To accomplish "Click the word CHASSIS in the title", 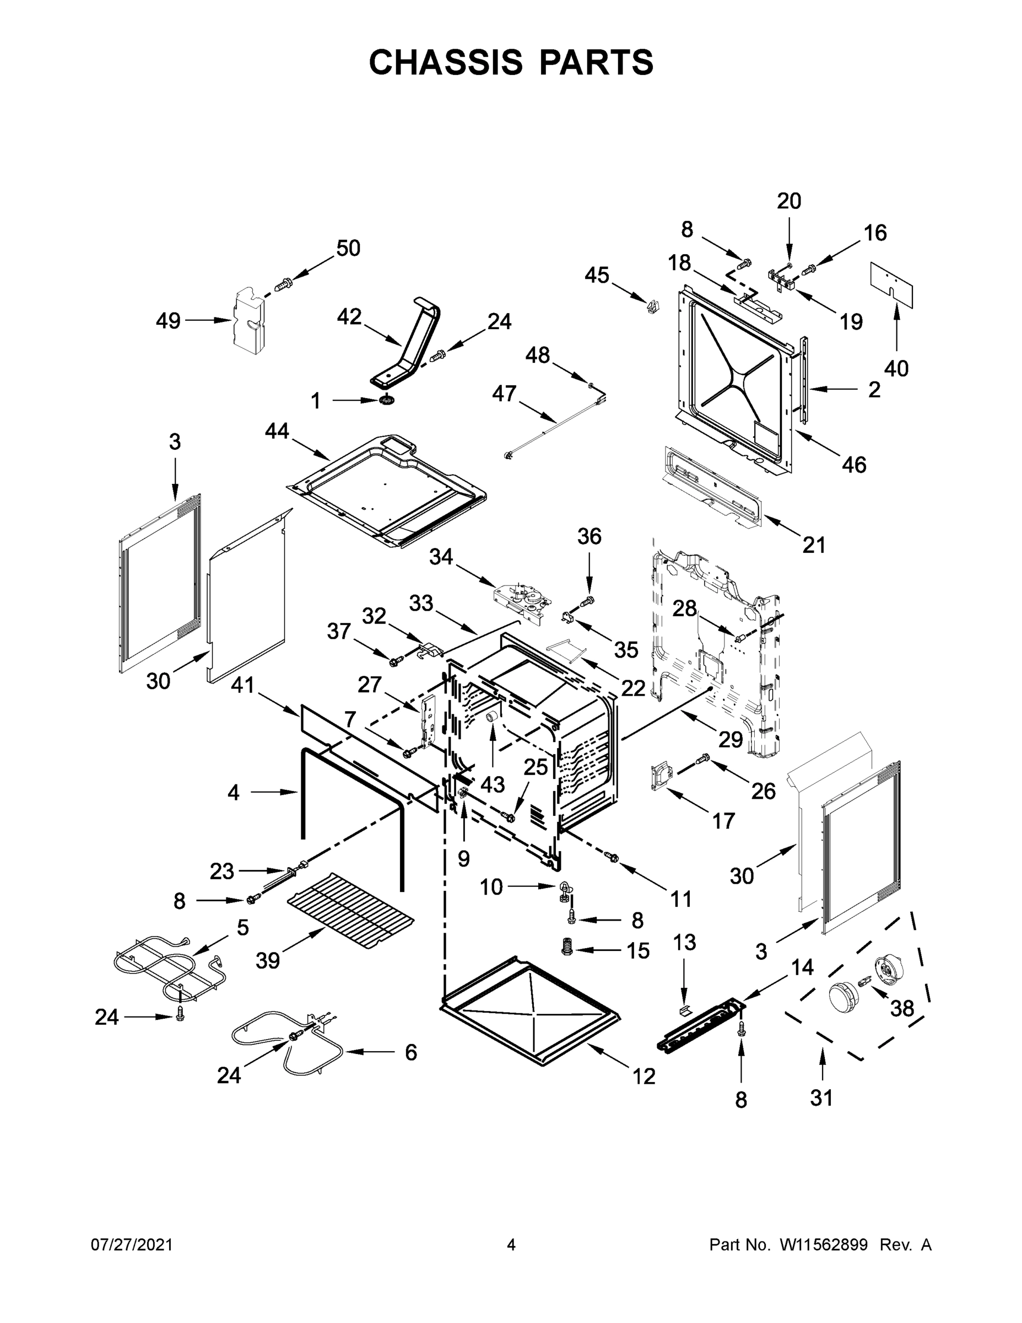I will pos(446,62).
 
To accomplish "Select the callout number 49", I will pos(169,320).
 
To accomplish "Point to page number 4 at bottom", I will pos(511,1244).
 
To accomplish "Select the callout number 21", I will pos(814,545).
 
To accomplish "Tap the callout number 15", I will pos(638,950).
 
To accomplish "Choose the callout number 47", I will pos(504,393).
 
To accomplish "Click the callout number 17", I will pos(723,820).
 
